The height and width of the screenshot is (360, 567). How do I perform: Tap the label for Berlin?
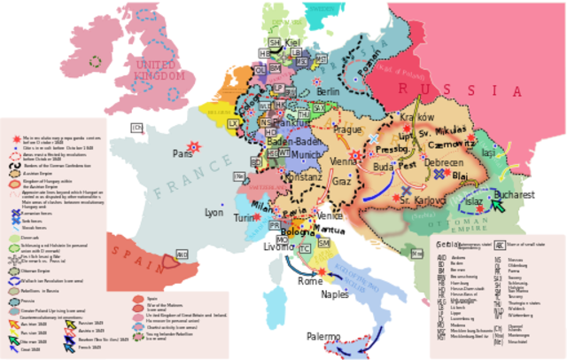pyautogui.click(x=327, y=91)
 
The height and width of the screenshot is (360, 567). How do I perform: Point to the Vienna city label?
pyautogui.click(x=343, y=161)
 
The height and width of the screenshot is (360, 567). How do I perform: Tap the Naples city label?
pyautogui.click(x=334, y=293)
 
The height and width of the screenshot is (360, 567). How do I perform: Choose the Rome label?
pyautogui.click(x=310, y=280)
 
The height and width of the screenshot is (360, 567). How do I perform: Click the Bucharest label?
pyautogui.click(x=515, y=193)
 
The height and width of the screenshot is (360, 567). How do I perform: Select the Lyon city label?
pyautogui.click(x=214, y=213)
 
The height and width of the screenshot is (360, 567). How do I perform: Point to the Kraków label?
pyautogui.click(x=416, y=117)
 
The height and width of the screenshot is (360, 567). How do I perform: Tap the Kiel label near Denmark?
pyautogui.click(x=295, y=42)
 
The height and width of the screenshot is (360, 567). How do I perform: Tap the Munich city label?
pyautogui.click(x=307, y=154)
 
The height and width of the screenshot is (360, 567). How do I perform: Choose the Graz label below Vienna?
pyautogui.click(x=342, y=181)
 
